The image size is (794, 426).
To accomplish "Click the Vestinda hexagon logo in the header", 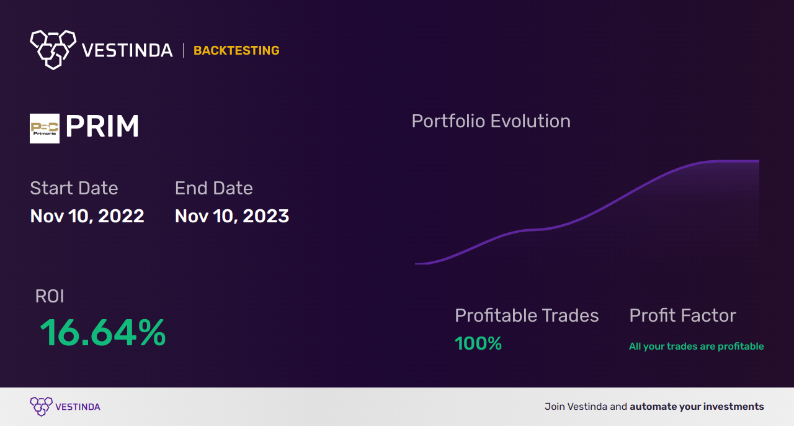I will pyautogui.click(x=53, y=49).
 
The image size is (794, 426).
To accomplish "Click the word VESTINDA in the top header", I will pyautogui.click(x=127, y=50).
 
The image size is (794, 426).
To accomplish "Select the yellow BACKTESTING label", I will pyautogui.click(x=236, y=50).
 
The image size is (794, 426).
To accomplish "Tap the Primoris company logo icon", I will pyautogui.click(x=45, y=129).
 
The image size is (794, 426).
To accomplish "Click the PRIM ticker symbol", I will pyautogui.click(x=102, y=127).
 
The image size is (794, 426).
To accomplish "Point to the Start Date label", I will pyautogui.click(x=74, y=188).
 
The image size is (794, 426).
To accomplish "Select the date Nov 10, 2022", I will pyautogui.click(x=87, y=216).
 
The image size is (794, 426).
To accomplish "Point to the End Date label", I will pyautogui.click(x=213, y=188).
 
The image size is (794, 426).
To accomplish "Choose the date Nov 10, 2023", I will pyautogui.click(x=232, y=216).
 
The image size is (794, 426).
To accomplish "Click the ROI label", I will pyautogui.click(x=50, y=296).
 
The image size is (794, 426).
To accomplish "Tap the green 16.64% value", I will pyautogui.click(x=102, y=333).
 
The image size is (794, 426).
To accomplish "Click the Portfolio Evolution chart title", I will pyautogui.click(x=491, y=121).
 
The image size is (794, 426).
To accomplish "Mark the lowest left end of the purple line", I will pyautogui.click(x=417, y=263).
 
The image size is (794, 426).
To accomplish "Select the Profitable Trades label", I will pyautogui.click(x=527, y=315).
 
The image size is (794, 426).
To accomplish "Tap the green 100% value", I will pyautogui.click(x=478, y=343).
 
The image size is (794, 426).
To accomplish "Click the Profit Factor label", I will pyautogui.click(x=682, y=315).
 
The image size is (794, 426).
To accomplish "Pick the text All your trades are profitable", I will pyautogui.click(x=696, y=347).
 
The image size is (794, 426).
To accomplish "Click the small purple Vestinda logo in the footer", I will pyautogui.click(x=41, y=407).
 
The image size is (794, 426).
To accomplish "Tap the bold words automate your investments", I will pyautogui.click(x=697, y=407).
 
